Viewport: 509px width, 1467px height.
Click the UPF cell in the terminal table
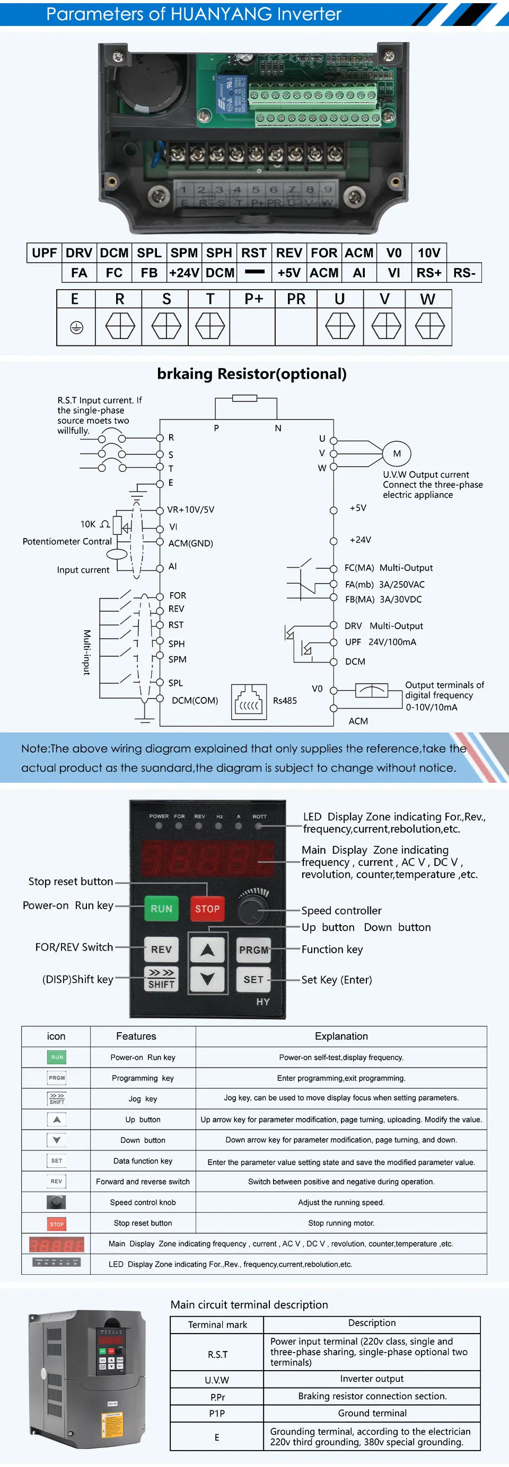click(44, 253)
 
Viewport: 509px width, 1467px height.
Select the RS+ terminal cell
click(428, 273)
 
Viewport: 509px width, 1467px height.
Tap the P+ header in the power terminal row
click(253, 299)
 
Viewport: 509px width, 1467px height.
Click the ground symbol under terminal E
click(76, 327)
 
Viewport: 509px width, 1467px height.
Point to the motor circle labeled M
click(397, 453)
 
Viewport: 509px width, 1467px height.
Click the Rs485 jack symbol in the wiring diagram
click(249, 702)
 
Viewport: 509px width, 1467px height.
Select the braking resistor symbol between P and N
click(244, 398)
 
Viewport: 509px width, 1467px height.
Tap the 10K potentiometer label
click(88, 524)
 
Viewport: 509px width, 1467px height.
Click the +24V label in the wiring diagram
click(360, 539)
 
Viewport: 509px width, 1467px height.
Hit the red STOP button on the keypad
click(207, 909)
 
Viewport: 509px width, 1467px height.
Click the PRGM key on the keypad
click(253, 950)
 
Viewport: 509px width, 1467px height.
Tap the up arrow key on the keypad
click(207, 950)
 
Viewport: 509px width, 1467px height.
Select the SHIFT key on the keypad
click(161, 979)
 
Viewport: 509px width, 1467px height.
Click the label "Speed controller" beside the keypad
click(341, 910)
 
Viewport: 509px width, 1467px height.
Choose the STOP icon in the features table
click(56, 1224)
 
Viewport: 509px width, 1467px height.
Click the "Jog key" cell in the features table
click(143, 1098)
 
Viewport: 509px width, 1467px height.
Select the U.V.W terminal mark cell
click(217, 1380)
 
